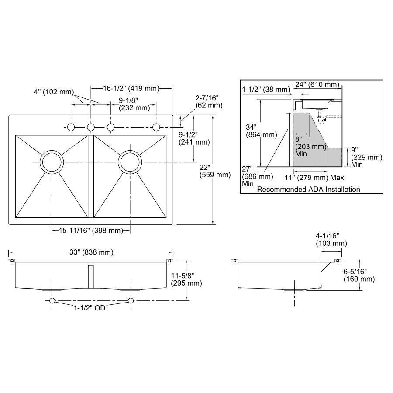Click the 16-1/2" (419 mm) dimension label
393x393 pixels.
131,88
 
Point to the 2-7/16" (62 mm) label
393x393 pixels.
209,101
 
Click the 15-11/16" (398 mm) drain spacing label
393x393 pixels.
91,231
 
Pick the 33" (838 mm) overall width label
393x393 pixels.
91,252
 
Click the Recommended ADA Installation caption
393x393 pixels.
308,190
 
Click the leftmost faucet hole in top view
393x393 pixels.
70,127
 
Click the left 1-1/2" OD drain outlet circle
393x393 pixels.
52,300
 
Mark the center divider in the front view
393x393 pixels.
91,276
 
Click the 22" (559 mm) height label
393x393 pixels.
214,171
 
